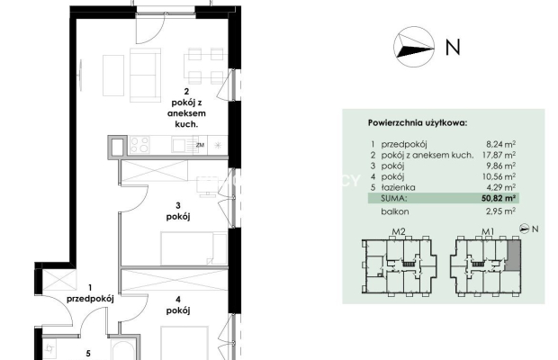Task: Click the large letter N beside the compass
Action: (x=453, y=47)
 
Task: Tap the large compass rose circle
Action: (x=414, y=47)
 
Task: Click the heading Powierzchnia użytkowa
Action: (x=418, y=123)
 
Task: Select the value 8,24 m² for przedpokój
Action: (x=500, y=144)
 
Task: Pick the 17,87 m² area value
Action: (x=499, y=155)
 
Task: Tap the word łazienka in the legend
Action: (x=398, y=187)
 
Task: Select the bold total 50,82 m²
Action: (x=499, y=198)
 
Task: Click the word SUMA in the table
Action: (x=393, y=198)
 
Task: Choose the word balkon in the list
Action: (x=395, y=211)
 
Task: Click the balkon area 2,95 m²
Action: (x=500, y=211)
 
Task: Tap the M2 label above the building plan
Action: (x=399, y=231)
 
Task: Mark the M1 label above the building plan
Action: (x=488, y=231)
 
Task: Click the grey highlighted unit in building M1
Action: (x=512, y=255)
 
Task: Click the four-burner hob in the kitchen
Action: (x=139, y=145)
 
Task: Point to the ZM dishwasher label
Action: (x=201, y=145)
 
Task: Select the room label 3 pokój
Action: (x=178, y=211)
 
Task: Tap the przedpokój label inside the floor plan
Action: (x=90, y=299)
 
